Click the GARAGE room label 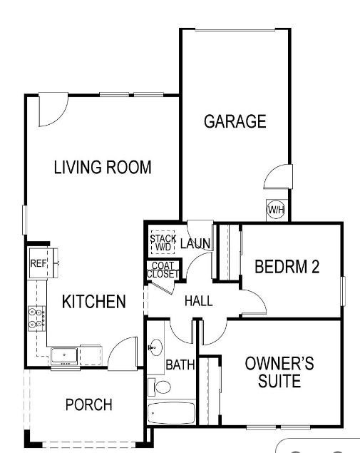(x=235, y=121)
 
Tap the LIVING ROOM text (x=103, y=168)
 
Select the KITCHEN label (x=94, y=302)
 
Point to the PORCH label (x=88, y=405)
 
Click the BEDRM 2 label (x=287, y=267)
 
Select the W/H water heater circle (x=275, y=210)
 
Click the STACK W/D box (x=163, y=243)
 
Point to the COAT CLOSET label (x=163, y=270)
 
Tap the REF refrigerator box (x=38, y=263)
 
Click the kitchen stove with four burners (x=36, y=317)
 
